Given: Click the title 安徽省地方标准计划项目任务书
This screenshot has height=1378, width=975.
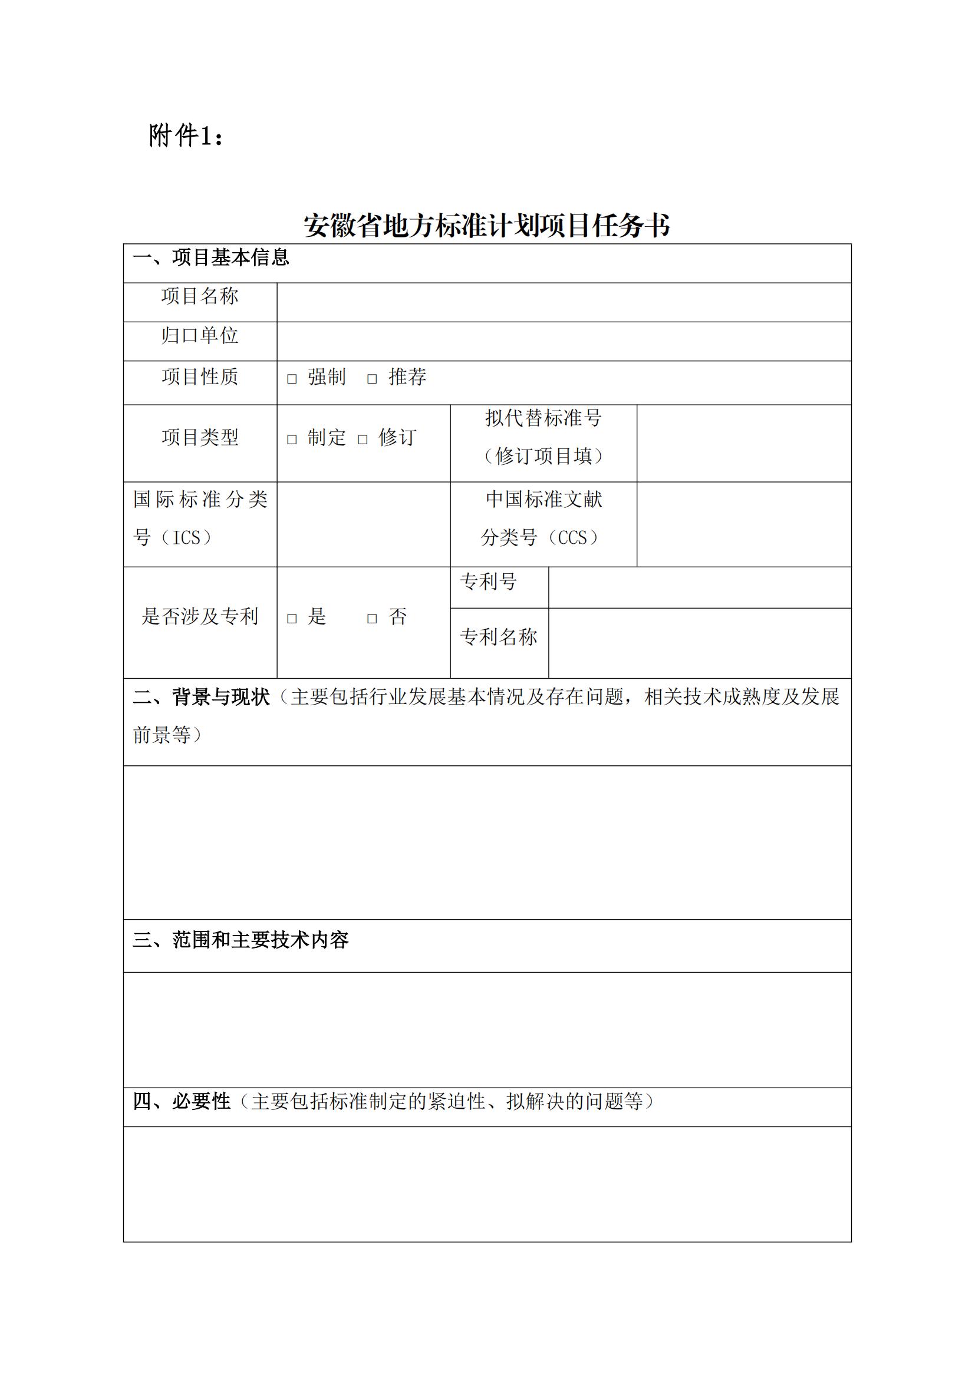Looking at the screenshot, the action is [x=487, y=226].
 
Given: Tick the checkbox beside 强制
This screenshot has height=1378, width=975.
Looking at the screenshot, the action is [x=292, y=379].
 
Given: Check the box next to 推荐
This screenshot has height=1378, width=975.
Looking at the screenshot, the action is [x=372, y=379].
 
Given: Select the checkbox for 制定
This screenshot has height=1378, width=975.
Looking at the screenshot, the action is [x=292, y=439].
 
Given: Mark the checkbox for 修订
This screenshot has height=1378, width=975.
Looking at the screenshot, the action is [x=363, y=439].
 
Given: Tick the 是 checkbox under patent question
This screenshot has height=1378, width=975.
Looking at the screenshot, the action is [x=292, y=618].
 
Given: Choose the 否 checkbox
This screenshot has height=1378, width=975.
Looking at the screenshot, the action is [x=372, y=618].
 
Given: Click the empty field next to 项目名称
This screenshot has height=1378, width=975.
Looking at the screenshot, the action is [x=563, y=302].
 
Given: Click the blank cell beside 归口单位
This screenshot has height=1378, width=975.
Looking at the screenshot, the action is [x=563, y=341].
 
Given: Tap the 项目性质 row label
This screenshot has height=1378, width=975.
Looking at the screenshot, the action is [x=200, y=377].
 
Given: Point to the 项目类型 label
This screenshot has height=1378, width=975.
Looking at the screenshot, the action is [x=200, y=438].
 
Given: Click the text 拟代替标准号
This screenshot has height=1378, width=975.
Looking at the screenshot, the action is [x=544, y=418].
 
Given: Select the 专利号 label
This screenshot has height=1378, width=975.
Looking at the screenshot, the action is [x=488, y=581].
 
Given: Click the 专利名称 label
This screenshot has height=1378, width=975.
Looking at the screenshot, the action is [x=498, y=637].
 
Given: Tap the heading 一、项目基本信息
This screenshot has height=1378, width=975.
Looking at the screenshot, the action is [x=210, y=257].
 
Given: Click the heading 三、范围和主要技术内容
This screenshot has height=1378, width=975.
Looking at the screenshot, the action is [x=240, y=940].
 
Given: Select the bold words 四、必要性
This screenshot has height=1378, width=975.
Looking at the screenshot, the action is [x=182, y=1101].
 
